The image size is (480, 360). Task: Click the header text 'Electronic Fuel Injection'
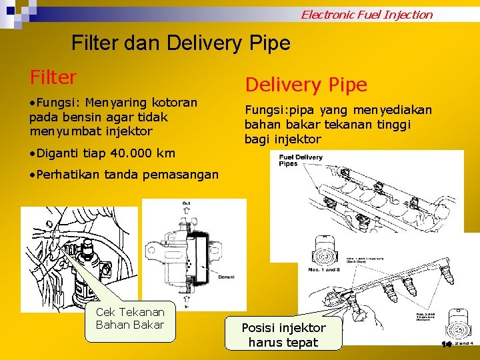[367, 14]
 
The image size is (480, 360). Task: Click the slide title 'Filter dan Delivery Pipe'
[181, 43]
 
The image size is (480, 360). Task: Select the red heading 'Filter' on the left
[53, 77]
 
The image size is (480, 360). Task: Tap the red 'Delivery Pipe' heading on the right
[306, 85]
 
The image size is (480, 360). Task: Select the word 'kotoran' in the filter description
[175, 103]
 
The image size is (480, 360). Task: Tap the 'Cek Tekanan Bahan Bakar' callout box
[131, 319]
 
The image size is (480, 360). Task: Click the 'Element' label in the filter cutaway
[227, 277]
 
